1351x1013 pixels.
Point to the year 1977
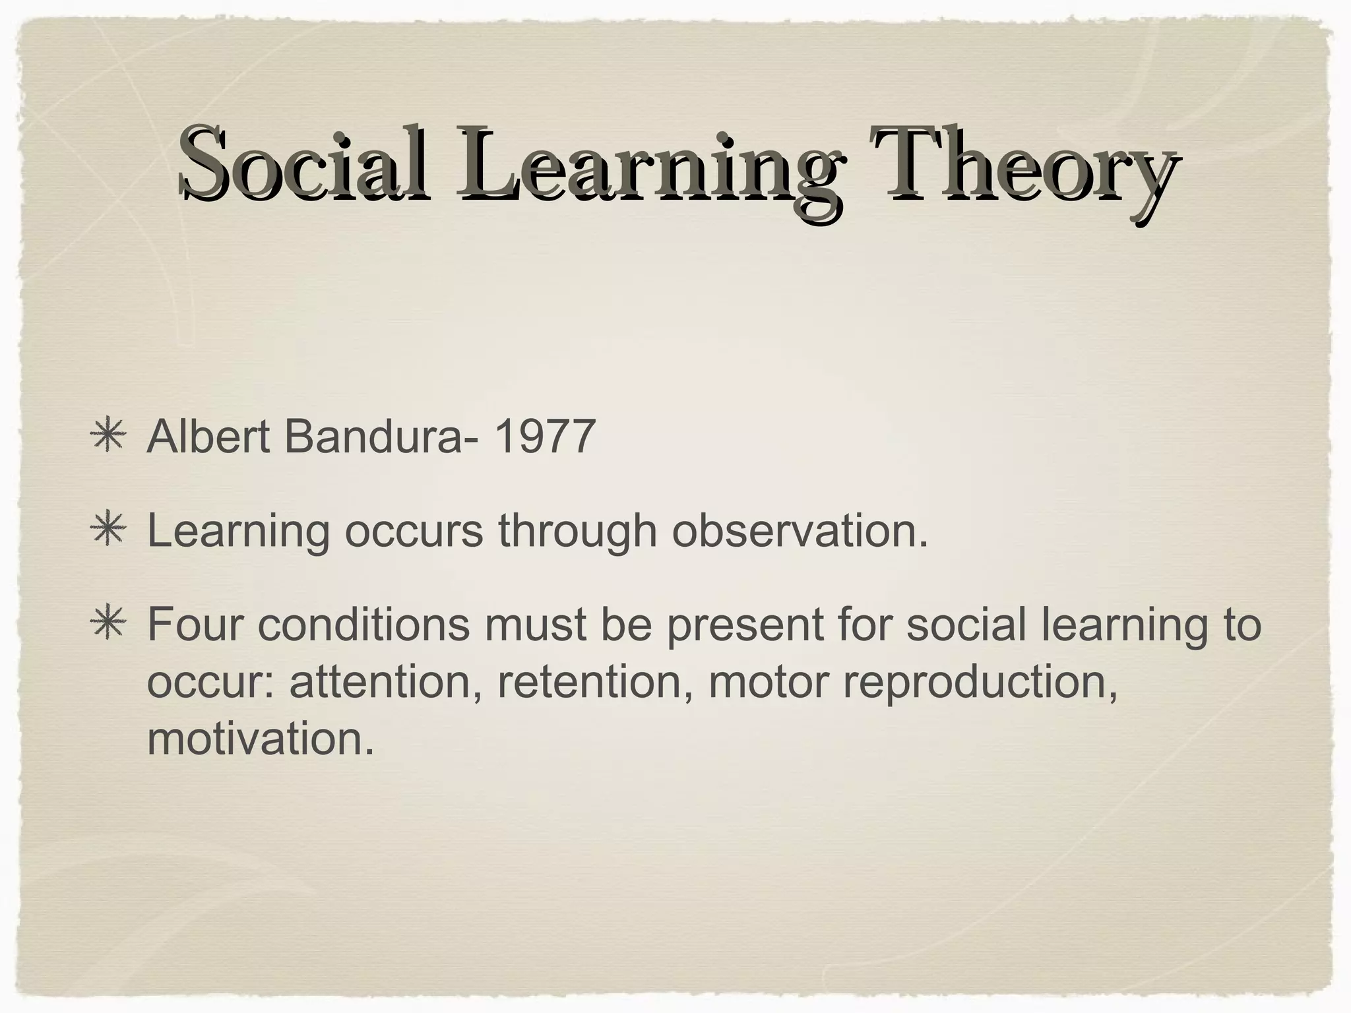click(x=544, y=437)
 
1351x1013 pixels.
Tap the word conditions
click(x=363, y=624)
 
